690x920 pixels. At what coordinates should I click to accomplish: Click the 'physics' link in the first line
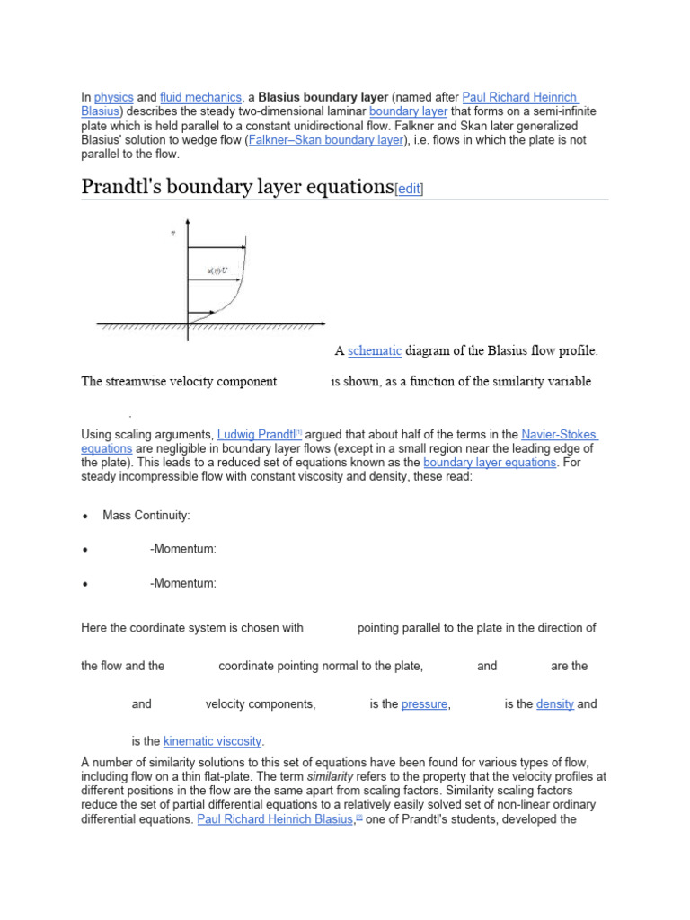(x=113, y=97)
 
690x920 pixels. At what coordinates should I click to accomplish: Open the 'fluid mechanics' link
(x=201, y=97)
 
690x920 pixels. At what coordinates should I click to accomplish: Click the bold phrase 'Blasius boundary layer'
(x=323, y=97)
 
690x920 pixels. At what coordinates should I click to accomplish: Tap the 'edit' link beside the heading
(x=410, y=189)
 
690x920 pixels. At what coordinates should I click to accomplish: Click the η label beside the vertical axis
(x=172, y=234)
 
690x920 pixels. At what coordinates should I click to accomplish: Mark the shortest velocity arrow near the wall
(x=200, y=314)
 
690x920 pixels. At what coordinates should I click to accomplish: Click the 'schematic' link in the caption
(x=375, y=350)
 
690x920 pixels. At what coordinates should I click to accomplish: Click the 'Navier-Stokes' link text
(x=559, y=435)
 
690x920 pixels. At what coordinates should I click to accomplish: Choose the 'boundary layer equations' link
(x=490, y=463)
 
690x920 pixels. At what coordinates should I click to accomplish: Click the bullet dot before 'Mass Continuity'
(x=84, y=517)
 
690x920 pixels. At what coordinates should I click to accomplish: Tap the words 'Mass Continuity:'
(x=146, y=516)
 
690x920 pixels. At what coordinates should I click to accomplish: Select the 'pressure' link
(x=424, y=704)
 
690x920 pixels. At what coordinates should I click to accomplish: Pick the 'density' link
(x=554, y=704)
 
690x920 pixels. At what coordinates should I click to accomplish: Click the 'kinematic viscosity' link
(x=213, y=742)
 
